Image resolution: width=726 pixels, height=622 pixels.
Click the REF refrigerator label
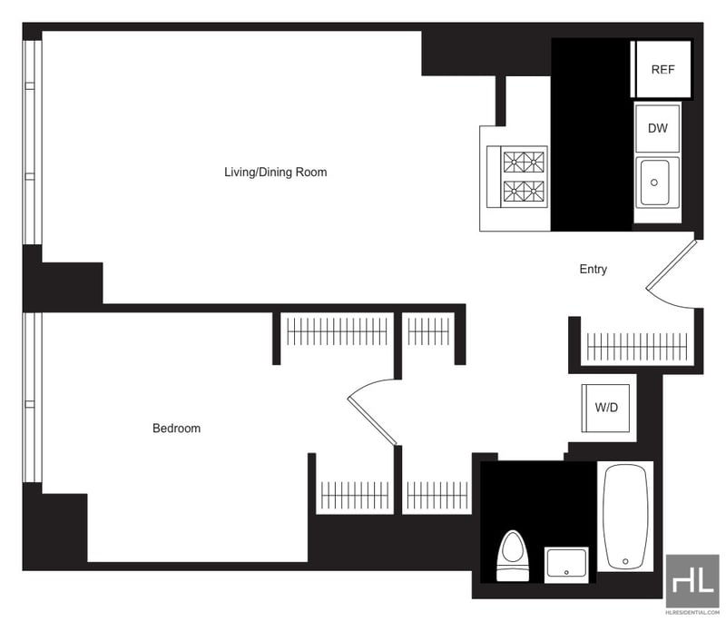(x=662, y=70)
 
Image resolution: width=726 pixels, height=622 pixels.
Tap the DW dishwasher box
(x=657, y=128)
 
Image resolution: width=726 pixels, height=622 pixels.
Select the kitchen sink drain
(x=654, y=183)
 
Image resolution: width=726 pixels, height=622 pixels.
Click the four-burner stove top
(x=525, y=177)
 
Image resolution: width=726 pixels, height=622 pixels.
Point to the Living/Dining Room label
(x=276, y=173)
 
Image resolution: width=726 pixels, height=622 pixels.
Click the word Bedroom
(x=176, y=428)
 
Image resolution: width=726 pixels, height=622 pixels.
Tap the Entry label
(x=594, y=269)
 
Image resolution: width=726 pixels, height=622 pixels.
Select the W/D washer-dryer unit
(x=605, y=408)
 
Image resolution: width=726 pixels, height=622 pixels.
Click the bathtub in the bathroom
(x=625, y=517)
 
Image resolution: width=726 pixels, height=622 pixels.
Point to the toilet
(x=513, y=556)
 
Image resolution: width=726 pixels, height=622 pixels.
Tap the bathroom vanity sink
(x=566, y=565)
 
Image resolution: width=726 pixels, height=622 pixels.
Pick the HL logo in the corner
(x=693, y=579)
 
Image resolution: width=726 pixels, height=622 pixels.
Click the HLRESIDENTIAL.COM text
(x=692, y=612)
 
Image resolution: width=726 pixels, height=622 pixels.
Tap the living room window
(x=33, y=143)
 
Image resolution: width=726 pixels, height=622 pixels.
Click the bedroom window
(x=33, y=398)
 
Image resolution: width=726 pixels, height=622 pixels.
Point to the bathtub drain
(x=625, y=561)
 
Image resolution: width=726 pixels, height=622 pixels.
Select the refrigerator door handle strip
(x=633, y=69)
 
